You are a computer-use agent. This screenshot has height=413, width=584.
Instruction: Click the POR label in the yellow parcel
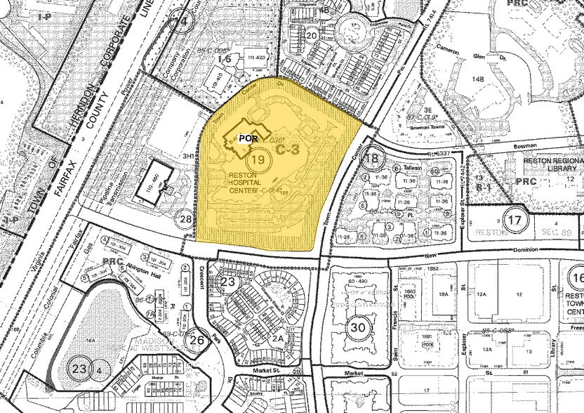pyautogui.click(x=246, y=138)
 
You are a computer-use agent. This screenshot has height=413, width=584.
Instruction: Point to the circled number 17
pyautogui.click(x=516, y=220)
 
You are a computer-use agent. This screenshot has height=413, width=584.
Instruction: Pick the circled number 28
pyautogui.click(x=186, y=220)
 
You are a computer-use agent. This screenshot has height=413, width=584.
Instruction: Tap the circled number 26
pyautogui.click(x=197, y=341)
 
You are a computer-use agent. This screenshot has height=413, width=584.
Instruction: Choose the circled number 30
pyautogui.click(x=358, y=327)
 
